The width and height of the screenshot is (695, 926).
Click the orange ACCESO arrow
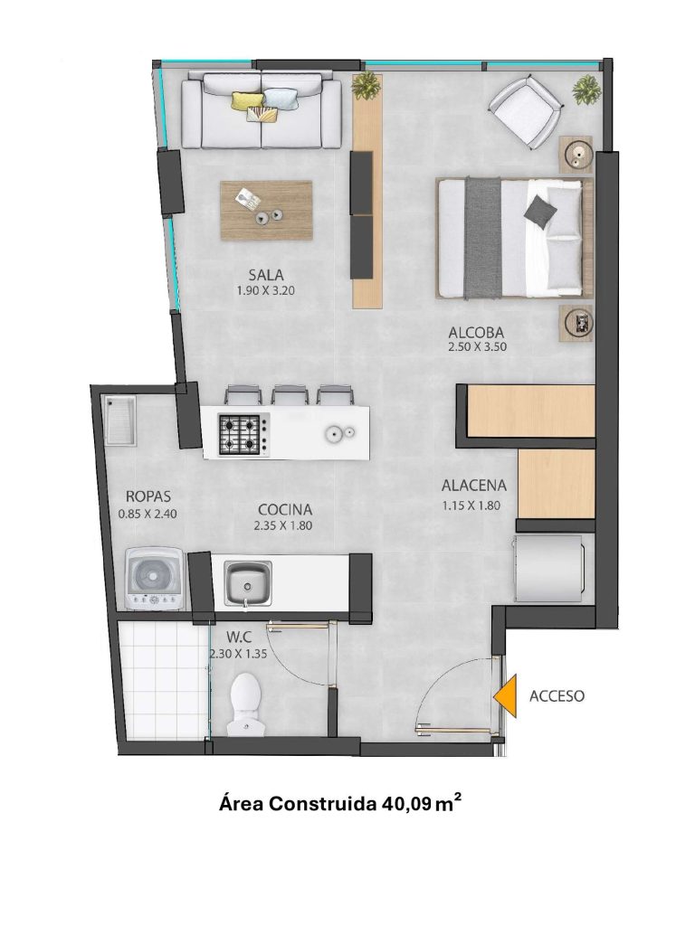[507, 695]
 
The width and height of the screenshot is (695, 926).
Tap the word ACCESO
[557, 695]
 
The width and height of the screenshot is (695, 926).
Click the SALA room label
[266, 275]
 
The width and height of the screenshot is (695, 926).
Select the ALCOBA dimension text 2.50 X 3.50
[478, 346]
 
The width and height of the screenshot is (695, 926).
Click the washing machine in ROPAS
[155, 579]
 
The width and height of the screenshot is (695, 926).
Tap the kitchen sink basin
[247, 583]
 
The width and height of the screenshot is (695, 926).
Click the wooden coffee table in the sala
[266, 210]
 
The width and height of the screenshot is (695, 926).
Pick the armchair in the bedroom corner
[525, 112]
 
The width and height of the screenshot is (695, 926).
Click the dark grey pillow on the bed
[540, 210]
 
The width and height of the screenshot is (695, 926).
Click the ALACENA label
[474, 486]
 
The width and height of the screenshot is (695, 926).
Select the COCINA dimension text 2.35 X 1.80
[283, 525]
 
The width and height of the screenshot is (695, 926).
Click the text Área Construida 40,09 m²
[340, 804]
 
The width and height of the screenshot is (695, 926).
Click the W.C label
[239, 638]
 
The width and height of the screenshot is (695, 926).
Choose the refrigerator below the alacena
[549, 568]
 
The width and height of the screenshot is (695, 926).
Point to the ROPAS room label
[148, 496]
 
